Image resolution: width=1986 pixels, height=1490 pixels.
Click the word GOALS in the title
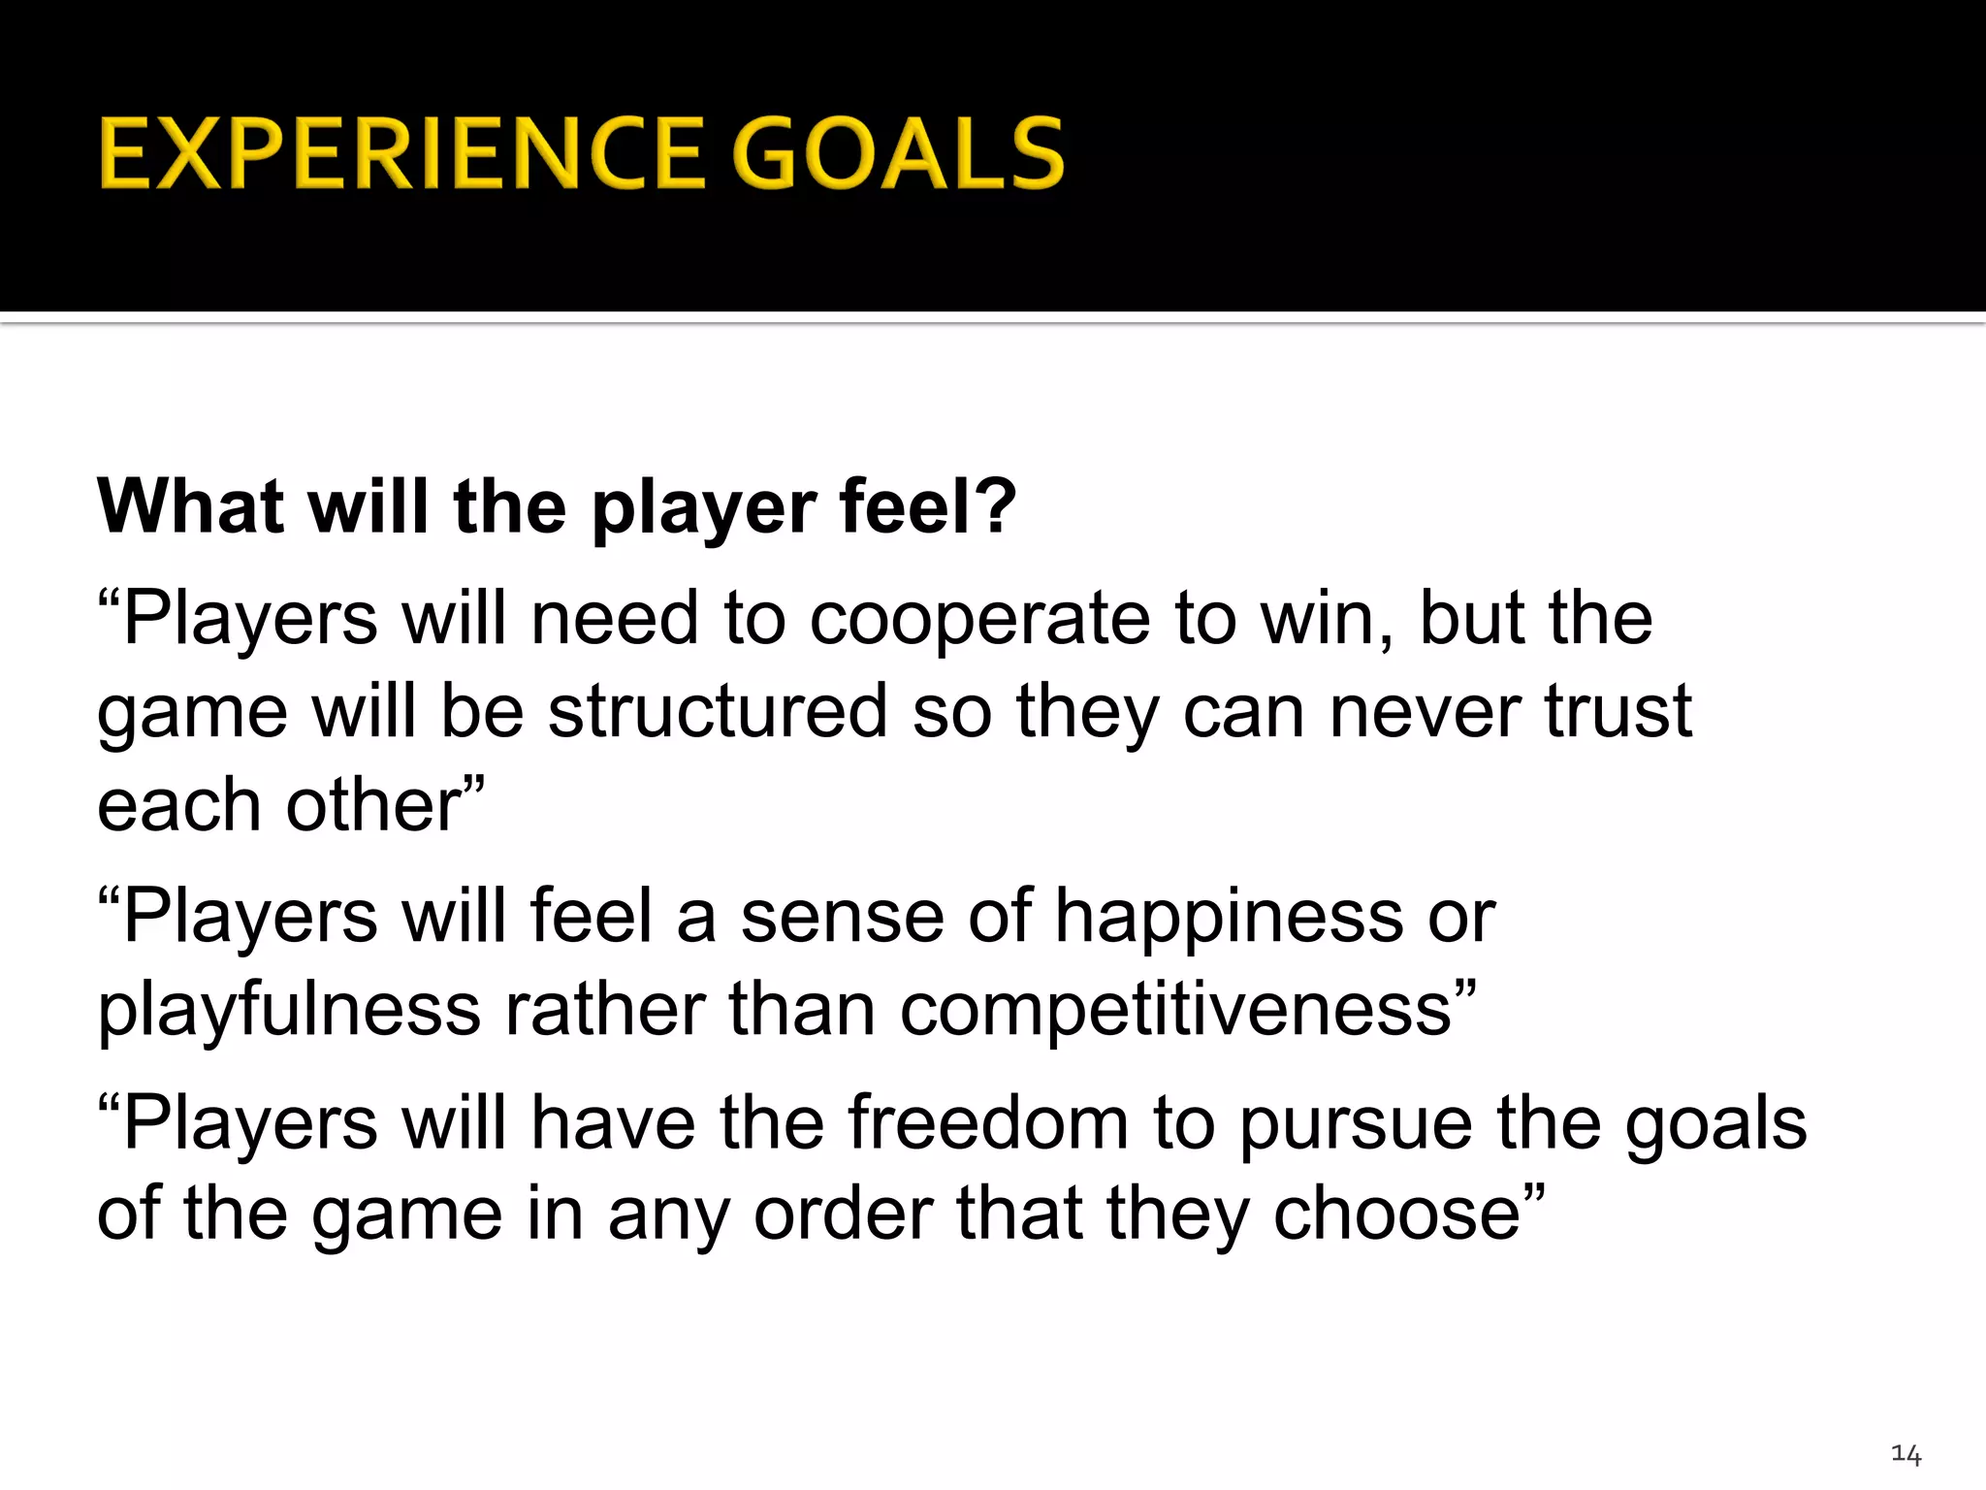pyautogui.click(x=898, y=153)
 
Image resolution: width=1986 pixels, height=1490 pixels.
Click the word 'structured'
pyautogui.click(x=718, y=710)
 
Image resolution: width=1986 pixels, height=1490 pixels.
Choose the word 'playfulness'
pyautogui.click(x=289, y=1010)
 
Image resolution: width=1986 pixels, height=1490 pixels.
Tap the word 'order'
pyautogui.click(x=843, y=1214)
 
